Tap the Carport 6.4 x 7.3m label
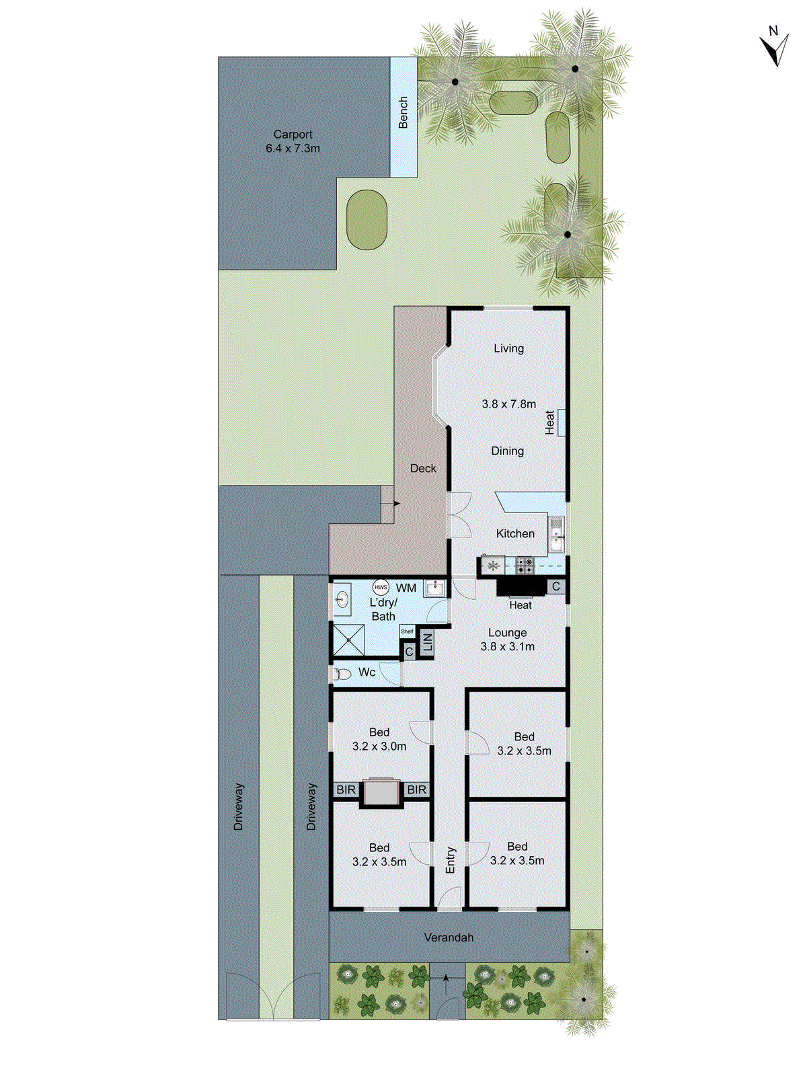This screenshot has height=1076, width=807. click(293, 141)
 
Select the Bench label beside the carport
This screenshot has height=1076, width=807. click(403, 112)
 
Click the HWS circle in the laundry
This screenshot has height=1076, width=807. click(381, 587)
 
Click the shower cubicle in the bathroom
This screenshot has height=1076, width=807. click(349, 640)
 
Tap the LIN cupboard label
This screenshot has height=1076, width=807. click(427, 643)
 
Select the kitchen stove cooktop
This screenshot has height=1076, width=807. click(525, 565)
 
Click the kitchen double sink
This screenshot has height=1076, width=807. click(556, 535)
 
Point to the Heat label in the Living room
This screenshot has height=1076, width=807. click(550, 422)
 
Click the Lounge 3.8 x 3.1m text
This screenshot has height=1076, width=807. click(508, 640)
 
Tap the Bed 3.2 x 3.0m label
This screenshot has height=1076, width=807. click(379, 739)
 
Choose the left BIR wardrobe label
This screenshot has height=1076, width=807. click(346, 790)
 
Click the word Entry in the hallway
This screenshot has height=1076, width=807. click(451, 860)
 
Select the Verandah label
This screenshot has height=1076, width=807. click(449, 937)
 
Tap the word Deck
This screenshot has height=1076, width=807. click(423, 468)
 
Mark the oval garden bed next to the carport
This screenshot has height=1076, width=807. click(367, 220)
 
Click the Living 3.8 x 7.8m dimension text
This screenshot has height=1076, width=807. click(508, 403)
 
